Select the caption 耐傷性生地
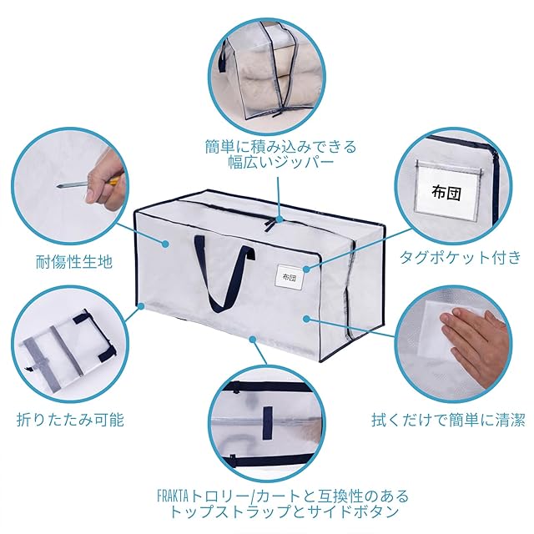pyautogui.click(x=74, y=262)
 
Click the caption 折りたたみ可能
pyautogui.click(x=70, y=419)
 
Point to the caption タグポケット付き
pyautogui.click(x=461, y=257)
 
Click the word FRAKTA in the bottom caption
pyautogui.click(x=173, y=496)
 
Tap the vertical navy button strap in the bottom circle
pyautogui.click(x=267, y=423)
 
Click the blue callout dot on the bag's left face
pyautogui.click(x=165, y=244)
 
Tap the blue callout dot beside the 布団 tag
pyautogui.click(x=307, y=269)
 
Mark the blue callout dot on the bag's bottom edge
pyautogui.click(x=252, y=340)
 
